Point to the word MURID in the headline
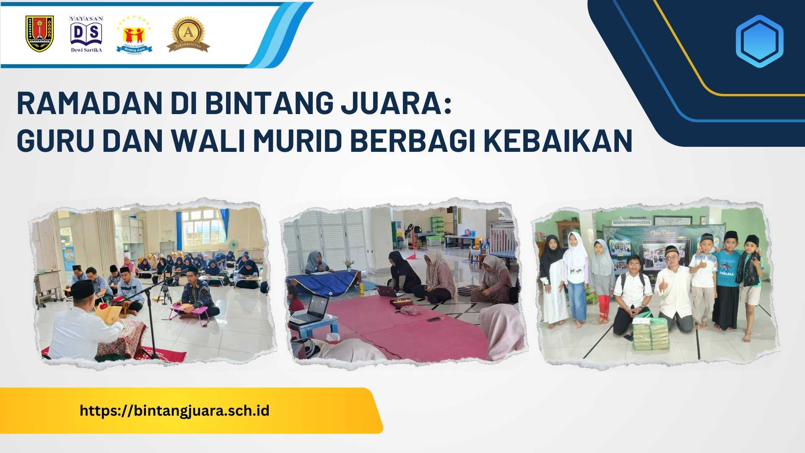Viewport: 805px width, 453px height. (x=297, y=141)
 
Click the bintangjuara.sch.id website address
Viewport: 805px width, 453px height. (x=174, y=410)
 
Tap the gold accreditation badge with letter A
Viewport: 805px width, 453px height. (x=188, y=34)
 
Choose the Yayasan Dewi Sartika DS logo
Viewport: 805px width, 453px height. (x=86, y=34)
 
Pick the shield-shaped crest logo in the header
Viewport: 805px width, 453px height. (x=39, y=34)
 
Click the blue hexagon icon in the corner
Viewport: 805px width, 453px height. (x=759, y=41)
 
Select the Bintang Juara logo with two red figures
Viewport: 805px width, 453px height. (x=134, y=34)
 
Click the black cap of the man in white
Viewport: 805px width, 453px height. (x=82, y=288)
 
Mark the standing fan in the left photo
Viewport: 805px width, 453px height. (x=234, y=247)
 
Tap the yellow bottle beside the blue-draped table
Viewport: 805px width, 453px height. (x=361, y=288)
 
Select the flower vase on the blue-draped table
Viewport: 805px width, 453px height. (x=348, y=265)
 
